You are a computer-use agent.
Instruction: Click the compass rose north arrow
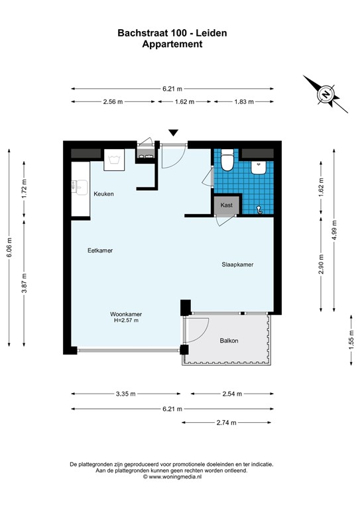coord(326,94)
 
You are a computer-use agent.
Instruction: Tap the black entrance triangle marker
coord(174,133)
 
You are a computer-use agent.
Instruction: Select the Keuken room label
coord(103,194)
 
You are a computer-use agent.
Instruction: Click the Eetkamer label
coord(100,251)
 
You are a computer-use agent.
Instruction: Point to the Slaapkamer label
coord(237,264)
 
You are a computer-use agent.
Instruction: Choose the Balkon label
coord(229,341)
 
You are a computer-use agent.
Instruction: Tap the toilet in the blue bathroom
coord(227,160)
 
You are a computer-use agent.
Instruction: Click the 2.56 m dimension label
coord(115,102)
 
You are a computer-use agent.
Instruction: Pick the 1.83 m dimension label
coord(243,102)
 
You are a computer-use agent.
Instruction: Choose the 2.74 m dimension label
coord(228,422)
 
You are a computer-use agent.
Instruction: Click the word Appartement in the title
coord(172,44)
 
